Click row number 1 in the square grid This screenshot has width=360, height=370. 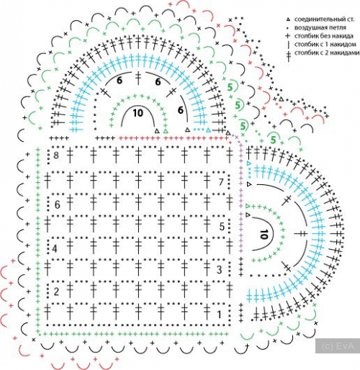click(x=219, y=315)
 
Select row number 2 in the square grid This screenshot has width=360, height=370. click(x=56, y=292)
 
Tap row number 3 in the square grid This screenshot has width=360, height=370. click(x=219, y=270)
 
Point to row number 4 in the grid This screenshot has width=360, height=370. click(x=55, y=248)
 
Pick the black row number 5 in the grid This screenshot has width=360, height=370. click(x=222, y=227)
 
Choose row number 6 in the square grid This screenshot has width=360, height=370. click(x=57, y=204)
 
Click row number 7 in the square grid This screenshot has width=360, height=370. click(x=221, y=182)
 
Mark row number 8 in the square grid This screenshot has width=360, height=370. click(x=56, y=155)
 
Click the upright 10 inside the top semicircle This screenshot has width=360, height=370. click(x=138, y=113)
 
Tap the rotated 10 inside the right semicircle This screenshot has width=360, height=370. click(x=264, y=234)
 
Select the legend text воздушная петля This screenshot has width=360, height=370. click(x=320, y=27)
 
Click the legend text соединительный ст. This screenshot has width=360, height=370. click(x=324, y=19)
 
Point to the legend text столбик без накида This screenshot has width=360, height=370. click(x=324, y=36)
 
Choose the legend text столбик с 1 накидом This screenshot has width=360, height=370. click(x=325, y=45)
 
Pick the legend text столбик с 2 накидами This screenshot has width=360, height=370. click(x=327, y=53)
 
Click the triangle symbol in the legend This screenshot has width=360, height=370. click(x=288, y=19)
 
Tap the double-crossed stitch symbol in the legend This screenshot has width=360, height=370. click(x=288, y=55)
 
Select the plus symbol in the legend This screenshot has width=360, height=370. click(x=288, y=36)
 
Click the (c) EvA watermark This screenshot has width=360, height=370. click(x=338, y=346)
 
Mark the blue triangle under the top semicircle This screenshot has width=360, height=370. click(x=209, y=130)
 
